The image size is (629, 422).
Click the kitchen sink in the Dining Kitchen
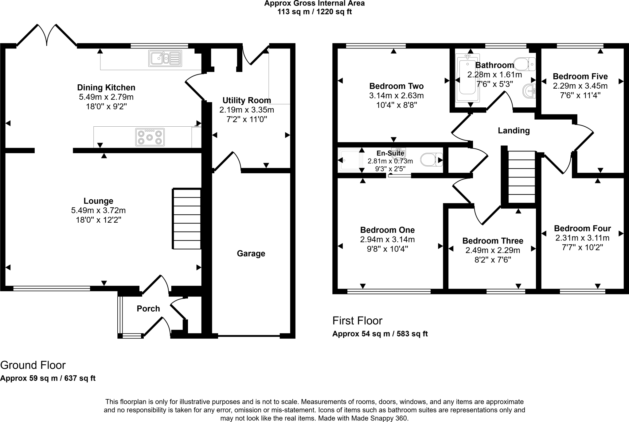165,58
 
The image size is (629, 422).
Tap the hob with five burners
150,137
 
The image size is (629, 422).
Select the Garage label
251,254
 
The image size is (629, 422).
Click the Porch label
148,309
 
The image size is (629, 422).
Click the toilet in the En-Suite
431,160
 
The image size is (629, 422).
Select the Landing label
514,131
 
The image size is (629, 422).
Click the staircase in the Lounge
187,219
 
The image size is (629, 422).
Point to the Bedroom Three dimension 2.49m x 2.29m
493,251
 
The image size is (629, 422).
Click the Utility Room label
247,100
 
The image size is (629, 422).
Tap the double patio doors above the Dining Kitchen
47,35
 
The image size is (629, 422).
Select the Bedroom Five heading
580,76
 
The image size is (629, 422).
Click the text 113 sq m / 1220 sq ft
314,12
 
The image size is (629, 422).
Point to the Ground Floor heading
33,365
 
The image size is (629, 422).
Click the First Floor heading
357,321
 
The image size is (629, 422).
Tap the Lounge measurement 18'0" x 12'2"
98,220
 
